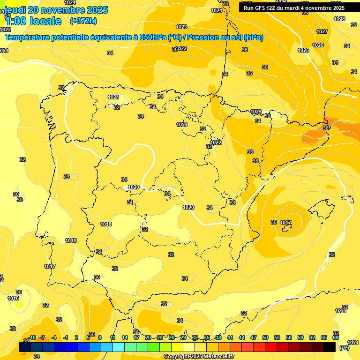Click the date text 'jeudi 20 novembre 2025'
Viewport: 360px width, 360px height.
pos(56,10)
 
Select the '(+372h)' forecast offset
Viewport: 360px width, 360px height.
pos(83,21)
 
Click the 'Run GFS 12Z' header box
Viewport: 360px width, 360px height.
pos(293,8)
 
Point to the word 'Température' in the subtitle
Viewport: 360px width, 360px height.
pos(27,37)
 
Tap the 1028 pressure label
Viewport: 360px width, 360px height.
pos(339,19)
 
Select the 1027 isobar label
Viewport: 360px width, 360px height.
pos(322,31)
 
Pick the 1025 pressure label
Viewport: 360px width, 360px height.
pos(303,50)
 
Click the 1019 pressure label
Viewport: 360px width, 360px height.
pos(106,224)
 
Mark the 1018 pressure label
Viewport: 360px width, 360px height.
pos(71,240)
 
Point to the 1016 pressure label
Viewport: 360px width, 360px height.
pos(13,298)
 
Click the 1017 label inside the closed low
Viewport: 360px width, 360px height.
pos(285,223)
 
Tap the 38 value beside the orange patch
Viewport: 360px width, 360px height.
pos(326,127)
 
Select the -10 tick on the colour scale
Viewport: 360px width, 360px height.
pos(32,337)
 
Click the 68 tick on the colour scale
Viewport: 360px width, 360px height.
pos(336,337)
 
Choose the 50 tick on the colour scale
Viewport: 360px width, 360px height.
pos(265,337)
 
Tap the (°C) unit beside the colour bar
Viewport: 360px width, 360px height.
pos(344,348)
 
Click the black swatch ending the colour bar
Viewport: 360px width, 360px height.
pos(330,347)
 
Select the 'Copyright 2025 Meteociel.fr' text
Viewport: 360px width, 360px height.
pos(199,357)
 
